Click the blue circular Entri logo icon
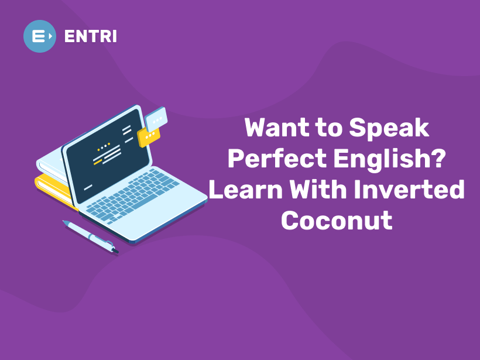(40, 36)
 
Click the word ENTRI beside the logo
(91, 36)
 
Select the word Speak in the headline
(389, 128)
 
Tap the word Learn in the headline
(245, 190)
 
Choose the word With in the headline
(318, 190)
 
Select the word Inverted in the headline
(409, 190)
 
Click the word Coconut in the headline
(337, 221)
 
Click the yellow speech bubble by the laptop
(149, 136)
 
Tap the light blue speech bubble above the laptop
(156, 119)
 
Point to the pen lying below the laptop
(91, 236)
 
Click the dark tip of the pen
(115, 251)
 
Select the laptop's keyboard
(132, 195)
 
